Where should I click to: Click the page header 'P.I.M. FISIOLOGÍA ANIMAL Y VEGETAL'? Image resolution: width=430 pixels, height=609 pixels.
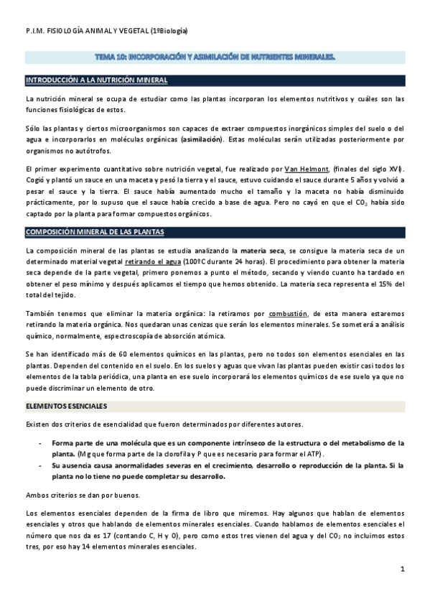point(106,31)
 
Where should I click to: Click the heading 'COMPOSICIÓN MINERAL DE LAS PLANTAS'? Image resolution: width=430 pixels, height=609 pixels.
point(95,233)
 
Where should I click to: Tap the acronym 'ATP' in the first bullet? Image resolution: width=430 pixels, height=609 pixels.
point(314,455)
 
